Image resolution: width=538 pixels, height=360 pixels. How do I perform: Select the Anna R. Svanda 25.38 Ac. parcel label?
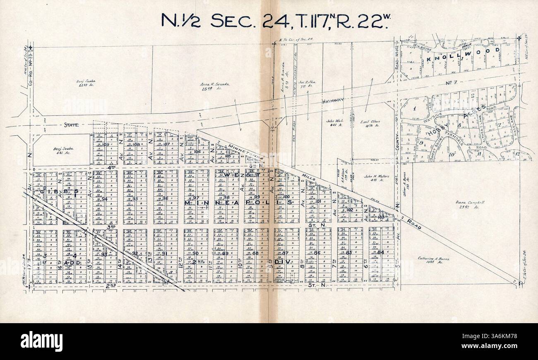tap(215, 86)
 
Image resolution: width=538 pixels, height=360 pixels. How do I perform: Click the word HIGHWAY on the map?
tap(333, 100)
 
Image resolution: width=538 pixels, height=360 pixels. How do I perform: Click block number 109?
tap(106, 144)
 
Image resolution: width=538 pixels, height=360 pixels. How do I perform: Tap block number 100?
tap(286, 197)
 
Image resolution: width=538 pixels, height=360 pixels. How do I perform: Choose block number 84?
tap(381, 252)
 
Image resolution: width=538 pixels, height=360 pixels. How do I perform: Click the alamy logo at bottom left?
tap(41, 341)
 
